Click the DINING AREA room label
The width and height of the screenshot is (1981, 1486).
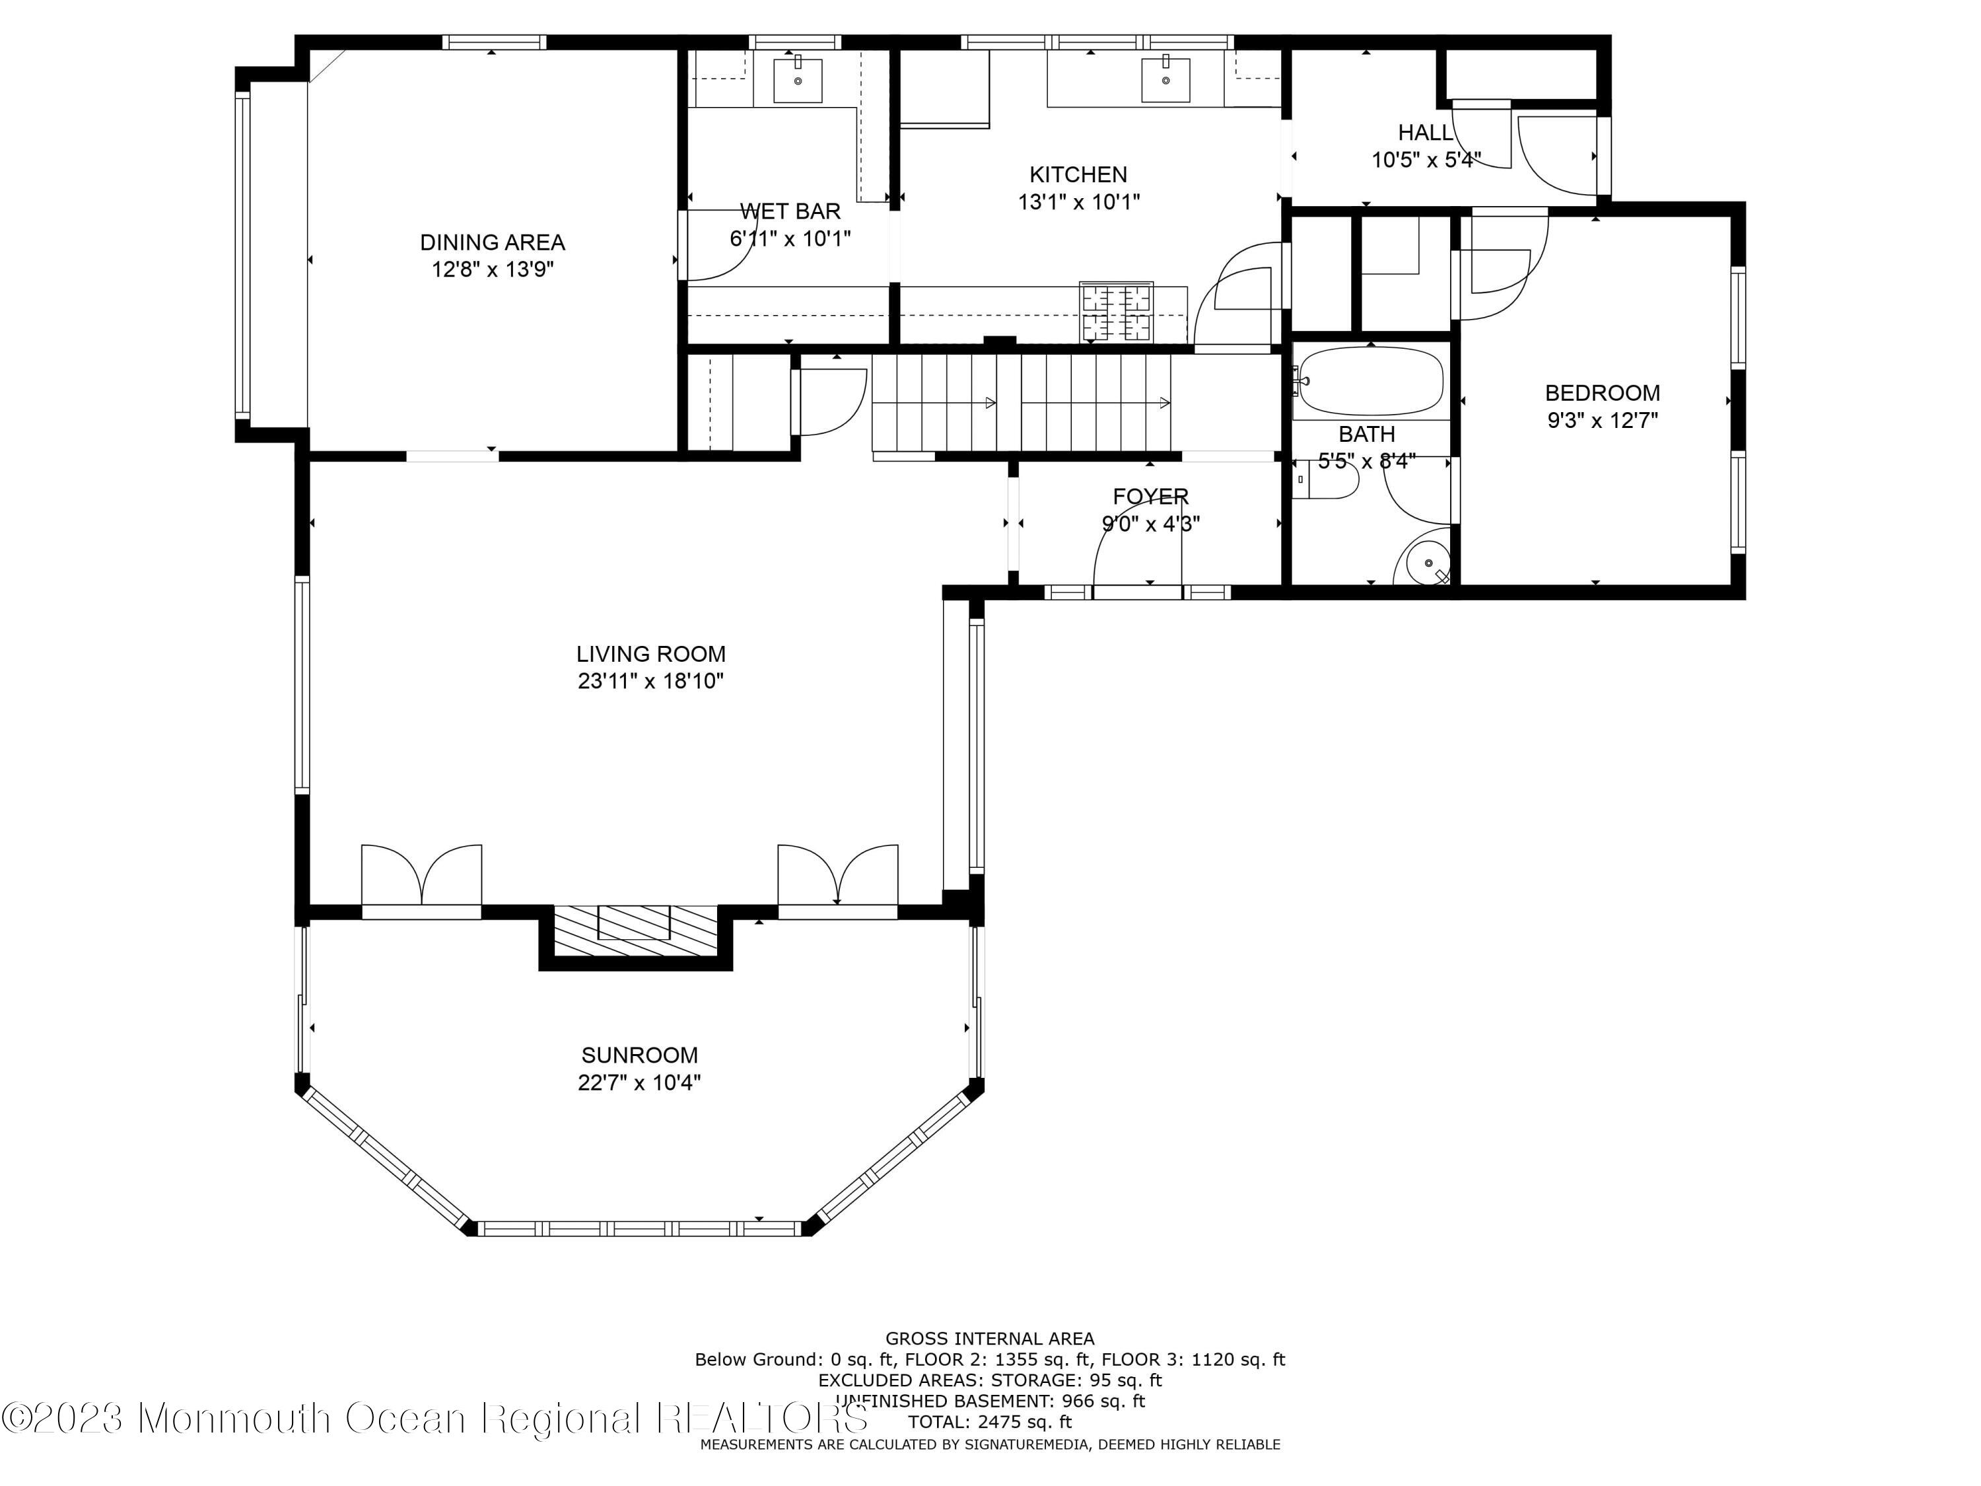(x=493, y=242)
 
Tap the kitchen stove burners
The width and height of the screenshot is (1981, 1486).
(x=1116, y=312)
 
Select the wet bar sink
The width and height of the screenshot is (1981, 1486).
(x=797, y=80)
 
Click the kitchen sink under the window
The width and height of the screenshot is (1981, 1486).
(x=1166, y=80)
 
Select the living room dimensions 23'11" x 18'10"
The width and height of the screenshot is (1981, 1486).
(x=651, y=681)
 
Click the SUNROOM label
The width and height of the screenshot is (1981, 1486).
(x=639, y=1055)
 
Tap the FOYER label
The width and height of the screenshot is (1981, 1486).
(x=1151, y=496)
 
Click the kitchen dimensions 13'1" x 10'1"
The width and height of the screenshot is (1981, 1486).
(x=1079, y=201)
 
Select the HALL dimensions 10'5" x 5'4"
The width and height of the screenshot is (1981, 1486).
(x=1426, y=159)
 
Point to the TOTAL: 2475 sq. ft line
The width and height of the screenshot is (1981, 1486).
(x=990, y=1421)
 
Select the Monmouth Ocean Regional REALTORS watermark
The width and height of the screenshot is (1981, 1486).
(x=435, y=1418)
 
